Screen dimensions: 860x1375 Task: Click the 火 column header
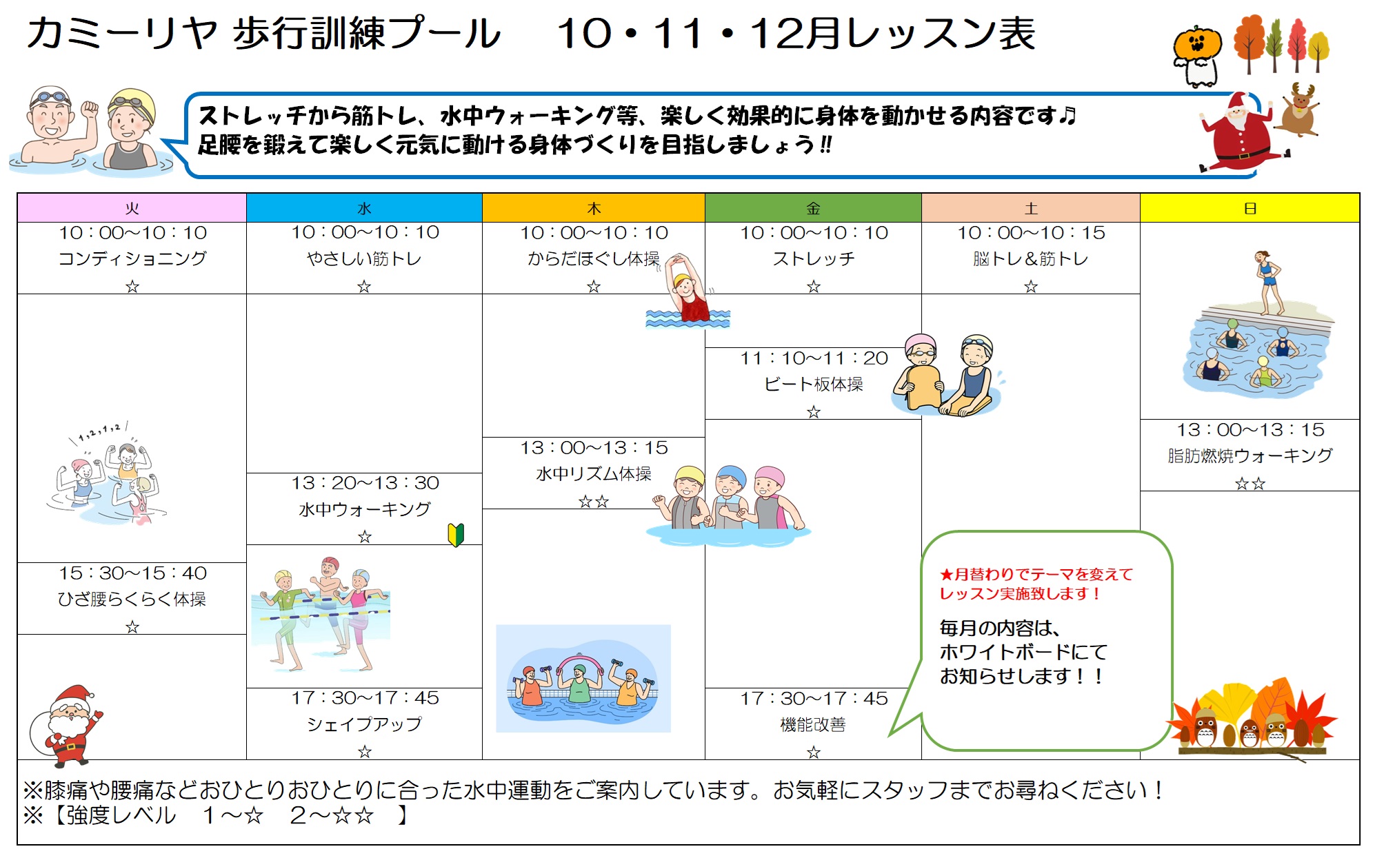[x=132, y=208]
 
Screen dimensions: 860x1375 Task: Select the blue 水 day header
[x=364, y=208]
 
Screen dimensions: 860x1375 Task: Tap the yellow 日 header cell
[x=1249, y=208]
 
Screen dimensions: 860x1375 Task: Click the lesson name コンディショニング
[x=132, y=258]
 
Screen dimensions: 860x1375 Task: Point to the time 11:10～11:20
[x=814, y=358]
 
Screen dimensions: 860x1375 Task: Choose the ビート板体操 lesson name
[x=814, y=385]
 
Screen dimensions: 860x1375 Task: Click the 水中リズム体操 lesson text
[x=594, y=474]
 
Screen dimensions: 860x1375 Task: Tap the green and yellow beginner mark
[x=456, y=535]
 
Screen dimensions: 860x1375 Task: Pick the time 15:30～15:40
[x=132, y=573]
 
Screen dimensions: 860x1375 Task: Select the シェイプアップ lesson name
[x=364, y=724]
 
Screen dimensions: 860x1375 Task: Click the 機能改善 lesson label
[x=813, y=725]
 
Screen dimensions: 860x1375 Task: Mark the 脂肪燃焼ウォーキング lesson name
[x=1249, y=455]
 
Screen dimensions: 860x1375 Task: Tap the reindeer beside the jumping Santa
[x=1298, y=110]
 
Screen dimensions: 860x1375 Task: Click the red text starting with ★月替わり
[x=1036, y=584]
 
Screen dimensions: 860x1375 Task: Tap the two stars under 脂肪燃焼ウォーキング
[x=1249, y=484]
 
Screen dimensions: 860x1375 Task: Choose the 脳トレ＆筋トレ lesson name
[x=1030, y=258]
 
